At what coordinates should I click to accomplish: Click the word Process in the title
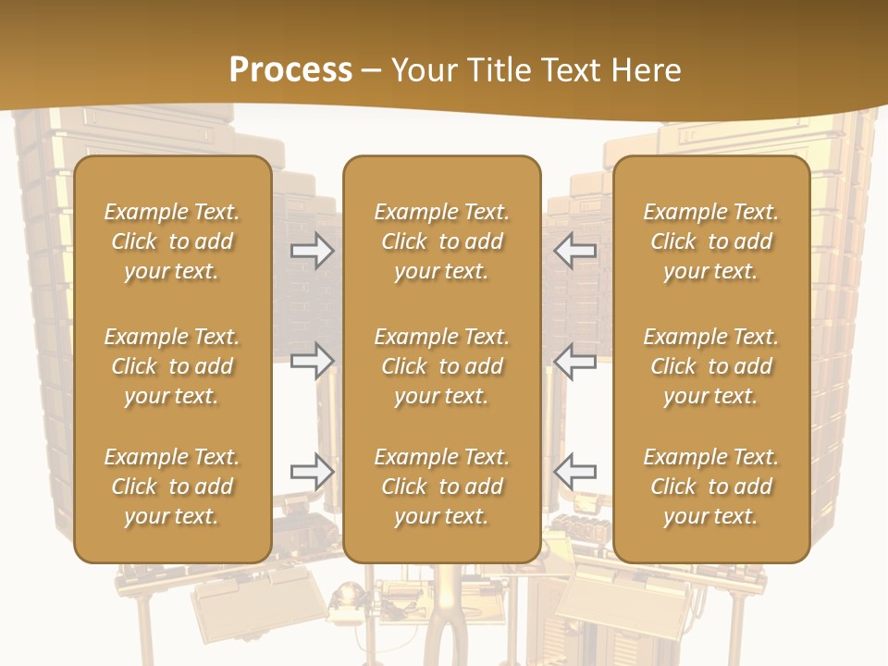290,70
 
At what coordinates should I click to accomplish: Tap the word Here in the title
645,70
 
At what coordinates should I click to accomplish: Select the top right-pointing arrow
313,251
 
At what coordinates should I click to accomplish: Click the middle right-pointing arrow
313,361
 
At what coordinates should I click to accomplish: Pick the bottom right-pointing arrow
313,472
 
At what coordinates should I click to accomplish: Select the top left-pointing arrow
575,251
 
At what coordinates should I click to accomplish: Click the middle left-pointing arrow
575,361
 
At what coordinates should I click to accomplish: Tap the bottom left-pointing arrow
575,472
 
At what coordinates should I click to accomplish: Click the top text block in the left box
172,241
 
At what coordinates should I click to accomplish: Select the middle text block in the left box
172,366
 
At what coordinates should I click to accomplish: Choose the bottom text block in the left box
172,487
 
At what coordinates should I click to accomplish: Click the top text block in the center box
441,241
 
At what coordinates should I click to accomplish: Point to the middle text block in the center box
441,366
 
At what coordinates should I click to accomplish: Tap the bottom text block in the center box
441,487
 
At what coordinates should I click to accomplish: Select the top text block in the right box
710,241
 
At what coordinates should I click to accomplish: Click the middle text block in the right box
710,366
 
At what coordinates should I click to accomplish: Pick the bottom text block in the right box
710,487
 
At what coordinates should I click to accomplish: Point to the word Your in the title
425,70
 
